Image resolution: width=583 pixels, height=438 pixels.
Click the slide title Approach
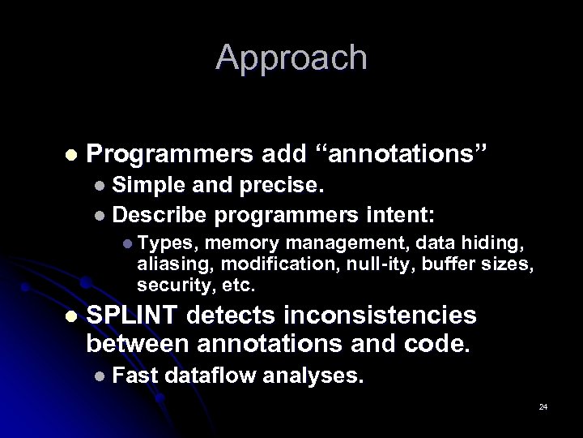(x=291, y=58)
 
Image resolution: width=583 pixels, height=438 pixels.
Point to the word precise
(x=282, y=186)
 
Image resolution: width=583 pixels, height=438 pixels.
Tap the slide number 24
(x=543, y=406)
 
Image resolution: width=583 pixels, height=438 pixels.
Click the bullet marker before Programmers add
(x=71, y=154)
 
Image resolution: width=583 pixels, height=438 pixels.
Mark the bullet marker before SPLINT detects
(x=71, y=316)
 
